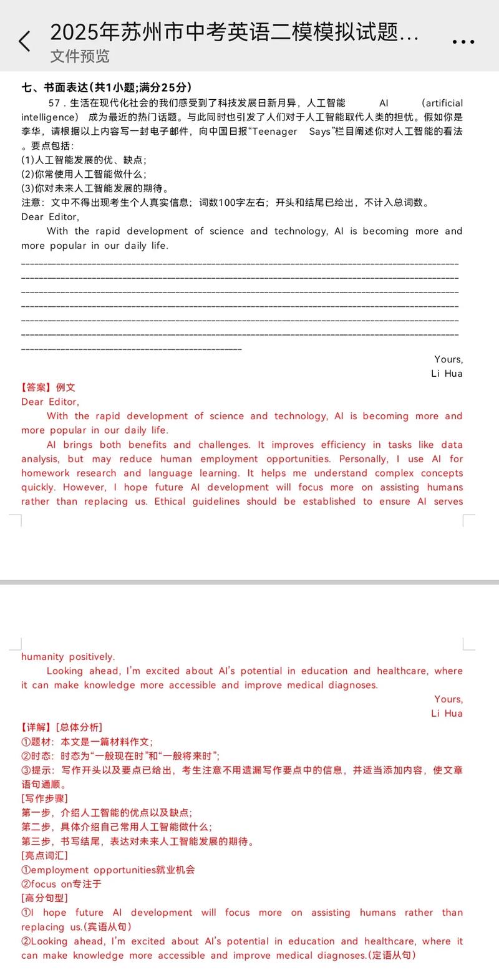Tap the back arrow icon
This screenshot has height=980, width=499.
[x=24, y=41]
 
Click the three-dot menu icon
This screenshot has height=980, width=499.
[x=463, y=42]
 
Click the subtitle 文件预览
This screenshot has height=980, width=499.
[x=80, y=56]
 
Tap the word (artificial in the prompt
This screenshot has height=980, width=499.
[x=442, y=103]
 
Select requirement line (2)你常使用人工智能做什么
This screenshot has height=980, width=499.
[x=84, y=174]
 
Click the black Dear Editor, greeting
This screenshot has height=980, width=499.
[x=50, y=217]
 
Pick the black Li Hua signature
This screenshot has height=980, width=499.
[x=447, y=374]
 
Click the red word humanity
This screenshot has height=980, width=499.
[x=42, y=657]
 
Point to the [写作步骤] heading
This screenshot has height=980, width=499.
[x=44, y=798]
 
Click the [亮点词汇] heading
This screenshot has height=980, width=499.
[x=44, y=855]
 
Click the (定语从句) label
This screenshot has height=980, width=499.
[x=392, y=956]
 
